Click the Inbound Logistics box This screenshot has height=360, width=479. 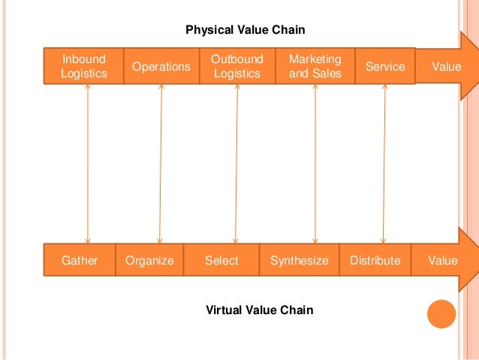click(x=84, y=66)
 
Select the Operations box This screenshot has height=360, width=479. click(x=161, y=67)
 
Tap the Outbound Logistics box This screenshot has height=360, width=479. click(x=236, y=66)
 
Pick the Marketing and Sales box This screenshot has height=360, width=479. click(x=315, y=66)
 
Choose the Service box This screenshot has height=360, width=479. click(x=384, y=67)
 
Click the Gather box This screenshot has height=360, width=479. click(x=79, y=261)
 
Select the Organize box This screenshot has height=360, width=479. click(x=149, y=261)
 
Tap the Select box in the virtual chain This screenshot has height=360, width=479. click(x=221, y=261)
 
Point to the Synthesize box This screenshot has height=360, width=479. click(x=299, y=261)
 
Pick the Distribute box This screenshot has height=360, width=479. click(x=375, y=261)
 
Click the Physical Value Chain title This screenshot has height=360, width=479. click(x=246, y=29)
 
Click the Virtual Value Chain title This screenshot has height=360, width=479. click(x=259, y=310)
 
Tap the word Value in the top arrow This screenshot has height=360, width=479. click(x=447, y=67)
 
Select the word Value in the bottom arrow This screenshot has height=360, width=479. click(x=442, y=261)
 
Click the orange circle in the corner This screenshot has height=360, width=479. click(x=441, y=314)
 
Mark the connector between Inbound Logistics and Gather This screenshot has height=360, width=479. click(x=88, y=163)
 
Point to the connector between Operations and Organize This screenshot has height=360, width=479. click(x=161, y=163)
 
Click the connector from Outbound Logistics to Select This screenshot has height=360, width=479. click(x=236, y=163)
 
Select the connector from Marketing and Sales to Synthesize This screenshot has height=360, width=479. click(x=315, y=163)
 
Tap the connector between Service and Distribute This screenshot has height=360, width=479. click(x=384, y=163)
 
